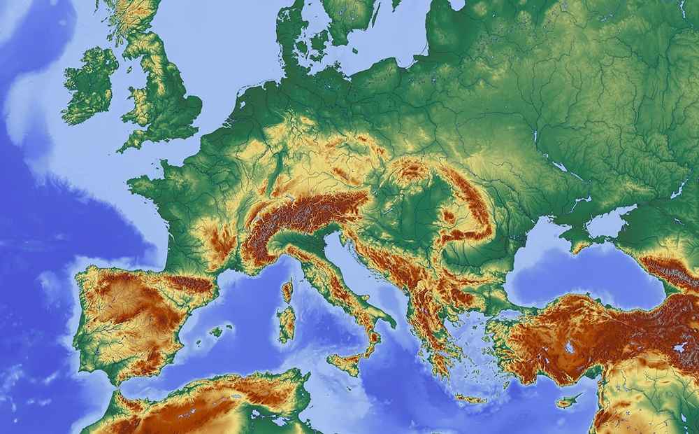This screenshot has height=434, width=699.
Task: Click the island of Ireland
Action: click(x=89, y=85)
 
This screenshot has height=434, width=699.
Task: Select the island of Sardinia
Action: click(x=286, y=323)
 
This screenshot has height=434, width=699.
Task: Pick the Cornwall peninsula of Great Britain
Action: click(x=132, y=143)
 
